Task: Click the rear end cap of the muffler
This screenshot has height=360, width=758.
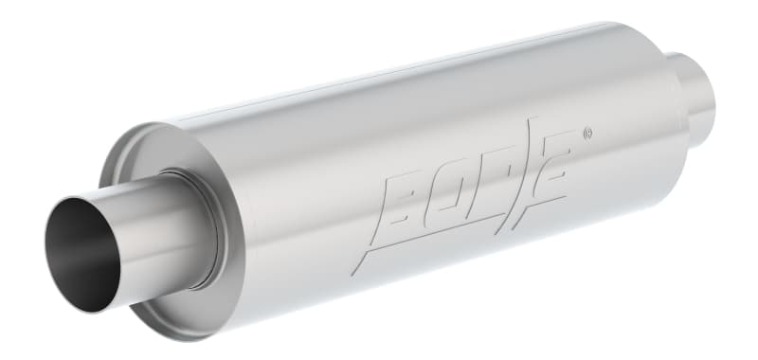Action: [x=663, y=76]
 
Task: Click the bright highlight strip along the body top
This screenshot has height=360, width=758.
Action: [x=398, y=95]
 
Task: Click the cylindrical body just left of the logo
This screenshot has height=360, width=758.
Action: [x=313, y=208]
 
